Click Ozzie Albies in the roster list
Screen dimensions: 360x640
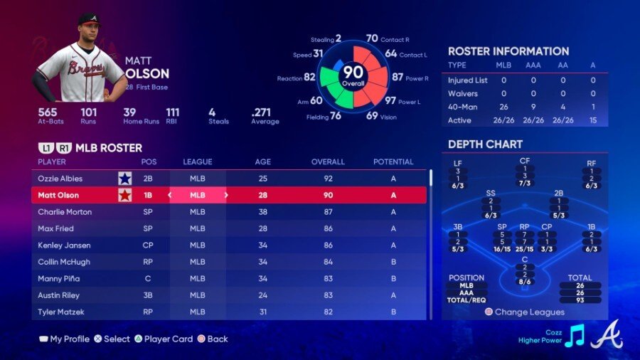coord(60,179)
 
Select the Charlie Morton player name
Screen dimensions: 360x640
coord(65,212)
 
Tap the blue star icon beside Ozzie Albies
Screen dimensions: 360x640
coord(125,179)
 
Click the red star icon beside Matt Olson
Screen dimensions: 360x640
coord(125,195)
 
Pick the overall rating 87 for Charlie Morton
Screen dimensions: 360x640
coord(328,212)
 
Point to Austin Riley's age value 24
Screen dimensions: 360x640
coord(262,295)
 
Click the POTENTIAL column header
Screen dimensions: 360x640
coord(393,162)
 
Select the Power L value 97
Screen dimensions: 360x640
coord(390,100)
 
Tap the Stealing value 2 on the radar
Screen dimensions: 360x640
coord(338,38)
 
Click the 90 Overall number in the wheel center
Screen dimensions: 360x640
coord(353,73)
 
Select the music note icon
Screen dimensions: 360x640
coord(575,334)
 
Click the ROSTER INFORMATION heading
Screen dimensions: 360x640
coord(508,51)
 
